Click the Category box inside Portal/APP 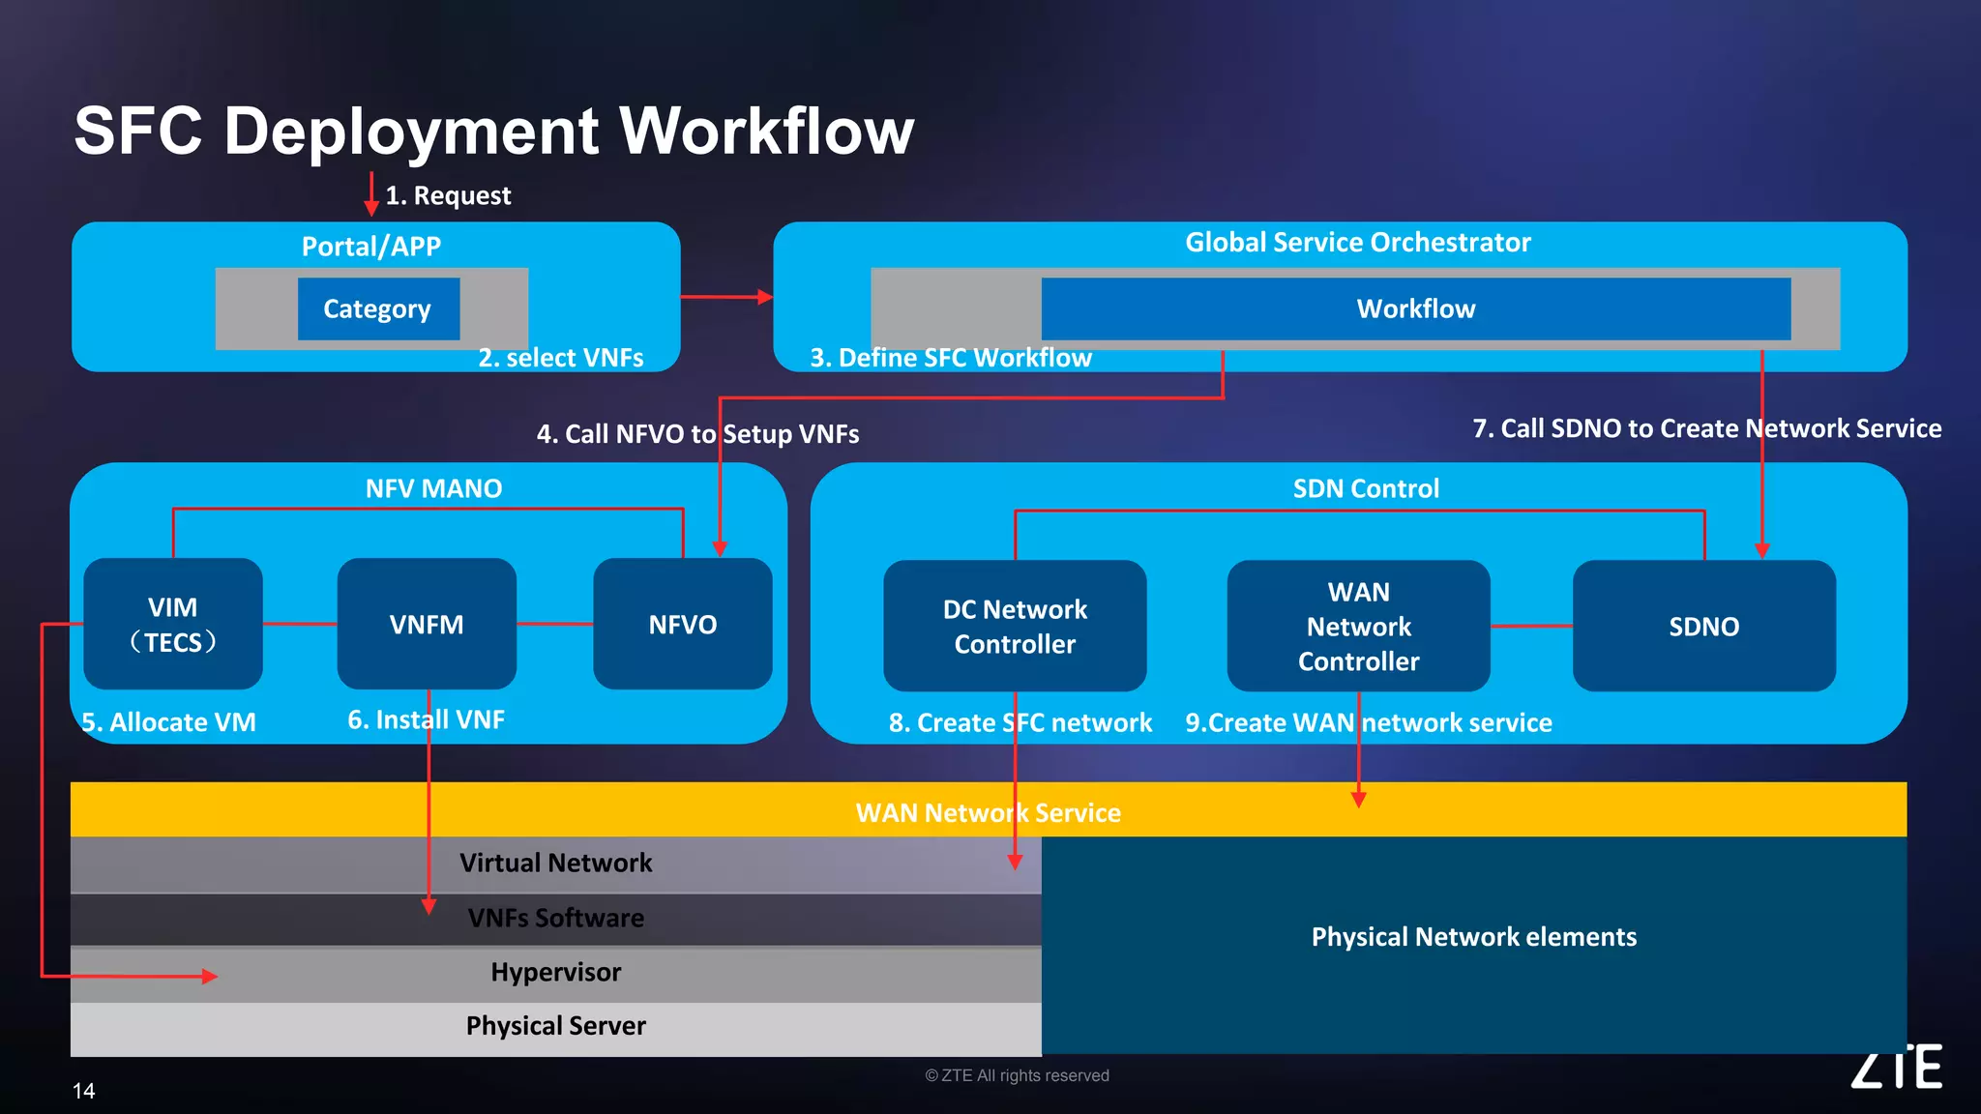click(378, 308)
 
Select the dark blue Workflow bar click(1415, 308)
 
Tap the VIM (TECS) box click(173, 624)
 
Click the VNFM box click(427, 624)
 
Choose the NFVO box click(683, 624)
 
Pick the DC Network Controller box click(1015, 626)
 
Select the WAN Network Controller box click(1358, 626)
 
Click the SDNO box click(1703, 626)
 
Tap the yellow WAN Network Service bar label click(988, 812)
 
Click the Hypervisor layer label click(555, 972)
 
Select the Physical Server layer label click(555, 1025)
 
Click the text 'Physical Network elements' click(1473, 936)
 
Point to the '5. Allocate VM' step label click(168, 722)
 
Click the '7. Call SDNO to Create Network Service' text click(1706, 428)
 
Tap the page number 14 click(84, 1091)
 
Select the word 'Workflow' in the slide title click(766, 131)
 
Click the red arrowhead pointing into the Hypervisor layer click(209, 977)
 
